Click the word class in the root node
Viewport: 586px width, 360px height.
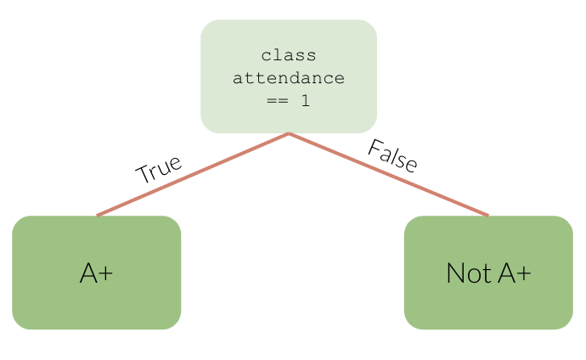289,56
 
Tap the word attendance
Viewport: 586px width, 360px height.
289,79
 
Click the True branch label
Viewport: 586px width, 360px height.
159,168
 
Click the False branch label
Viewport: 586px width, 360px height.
392,156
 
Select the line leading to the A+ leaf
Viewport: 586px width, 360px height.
194,174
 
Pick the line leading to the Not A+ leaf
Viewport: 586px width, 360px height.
389,175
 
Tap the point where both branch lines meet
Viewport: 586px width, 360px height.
289,134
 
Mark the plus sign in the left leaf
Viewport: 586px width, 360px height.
108,273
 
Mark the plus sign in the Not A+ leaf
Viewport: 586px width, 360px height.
524,273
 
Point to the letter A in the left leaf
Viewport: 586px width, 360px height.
88,273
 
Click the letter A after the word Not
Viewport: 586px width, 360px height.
506,273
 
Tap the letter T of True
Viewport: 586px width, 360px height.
143,176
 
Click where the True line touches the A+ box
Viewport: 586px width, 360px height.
97,216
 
